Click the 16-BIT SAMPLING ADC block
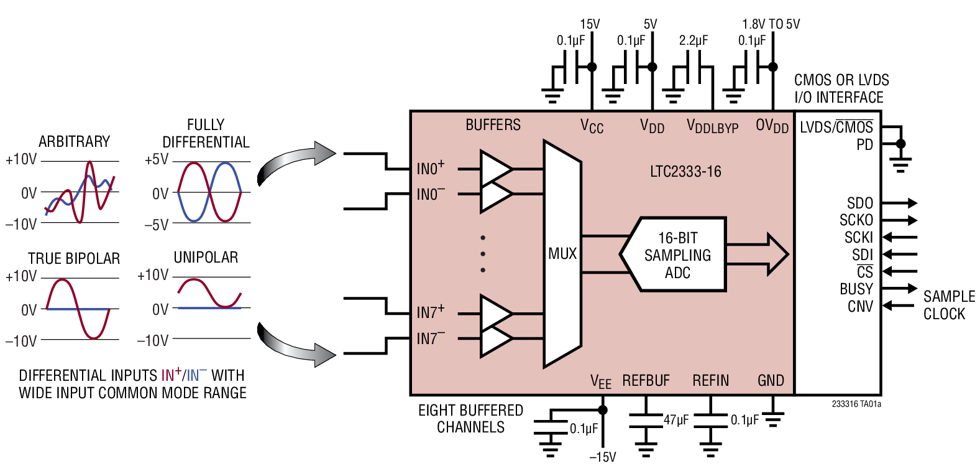point(677,255)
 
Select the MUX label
point(562,254)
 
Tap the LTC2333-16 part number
point(685,172)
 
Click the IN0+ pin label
point(430,168)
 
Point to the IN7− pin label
point(430,338)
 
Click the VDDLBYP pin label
point(712,126)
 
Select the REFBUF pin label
point(646,381)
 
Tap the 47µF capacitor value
point(676,420)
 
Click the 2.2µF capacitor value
point(694,40)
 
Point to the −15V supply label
point(602,457)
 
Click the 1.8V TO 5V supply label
point(771,24)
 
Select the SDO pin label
point(859,203)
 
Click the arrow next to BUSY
point(899,289)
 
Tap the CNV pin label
point(860,307)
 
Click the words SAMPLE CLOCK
point(948,305)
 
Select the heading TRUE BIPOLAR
point(73,258)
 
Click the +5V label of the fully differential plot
point(156,160)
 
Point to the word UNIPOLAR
point(206,257)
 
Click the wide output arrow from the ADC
point(758,254)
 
